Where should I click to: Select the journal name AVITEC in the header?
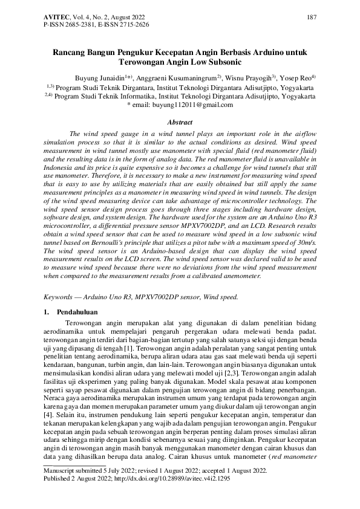pos(59,17)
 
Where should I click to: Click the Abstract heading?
pos(180,122)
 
